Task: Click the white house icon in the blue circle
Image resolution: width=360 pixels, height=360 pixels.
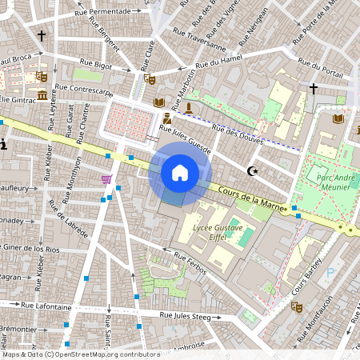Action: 180,173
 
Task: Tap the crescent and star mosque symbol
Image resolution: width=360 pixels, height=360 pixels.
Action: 254,170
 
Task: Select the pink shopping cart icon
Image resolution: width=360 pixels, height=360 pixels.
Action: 106,179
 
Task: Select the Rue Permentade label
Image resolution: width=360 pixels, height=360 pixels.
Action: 102,11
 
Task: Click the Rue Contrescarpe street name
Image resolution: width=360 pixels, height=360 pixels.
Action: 81,90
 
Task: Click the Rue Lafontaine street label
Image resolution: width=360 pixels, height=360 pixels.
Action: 46,305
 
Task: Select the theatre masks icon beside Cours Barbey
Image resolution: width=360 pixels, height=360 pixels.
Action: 296,306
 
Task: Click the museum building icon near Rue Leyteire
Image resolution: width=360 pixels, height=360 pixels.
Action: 41,96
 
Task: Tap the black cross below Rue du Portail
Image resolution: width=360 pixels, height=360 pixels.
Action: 313,87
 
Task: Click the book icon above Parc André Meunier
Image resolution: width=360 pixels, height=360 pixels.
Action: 338,118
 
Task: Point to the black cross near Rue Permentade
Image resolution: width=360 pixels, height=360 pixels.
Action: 42,36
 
